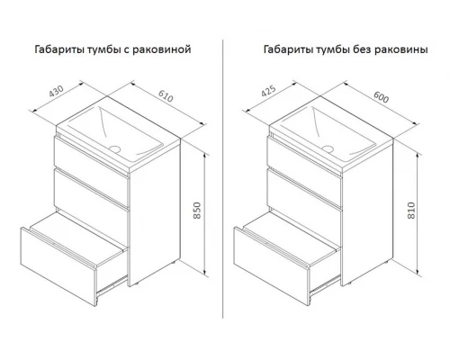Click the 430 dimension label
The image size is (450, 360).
(x=57, y=91)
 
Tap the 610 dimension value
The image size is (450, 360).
(x=166, y=95)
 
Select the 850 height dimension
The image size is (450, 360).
(x=197, y=211)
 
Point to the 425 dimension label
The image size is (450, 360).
(x=268, y=91)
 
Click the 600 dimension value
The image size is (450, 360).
(x=381, y=96)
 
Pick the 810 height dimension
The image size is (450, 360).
(x=411, y=211)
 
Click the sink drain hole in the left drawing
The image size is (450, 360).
(x=114, y=148)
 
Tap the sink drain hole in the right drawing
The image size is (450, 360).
(x=328, y=148)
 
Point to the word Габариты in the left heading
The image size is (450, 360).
(x=59, y=49)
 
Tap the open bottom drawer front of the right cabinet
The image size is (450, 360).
(x=272, y=266)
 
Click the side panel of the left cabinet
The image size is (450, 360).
(x=155, y=212)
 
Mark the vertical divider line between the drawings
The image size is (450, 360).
(x=223, y=179)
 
